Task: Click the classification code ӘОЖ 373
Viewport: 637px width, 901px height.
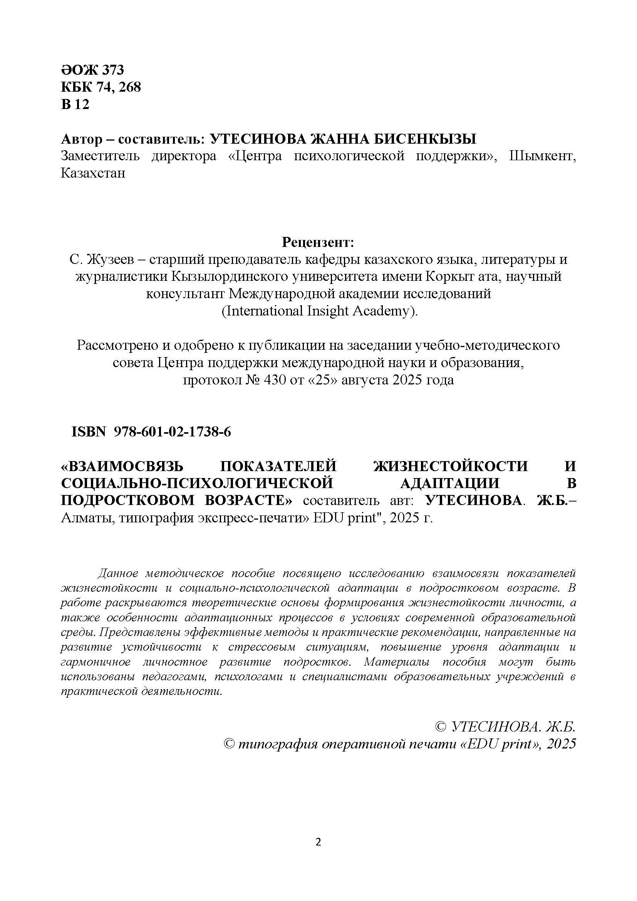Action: pyautogui.click(x=92, y=70)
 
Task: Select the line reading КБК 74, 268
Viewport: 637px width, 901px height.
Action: pyautogui.click(x=101, y=87)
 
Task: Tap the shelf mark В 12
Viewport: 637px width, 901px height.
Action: pyautogui.click(x=75, y=104)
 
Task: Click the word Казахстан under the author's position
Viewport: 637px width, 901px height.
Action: pyautogui.click(x=93, y=173)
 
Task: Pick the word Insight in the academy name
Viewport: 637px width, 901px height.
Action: pyautogui.click(x=329, y=311)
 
